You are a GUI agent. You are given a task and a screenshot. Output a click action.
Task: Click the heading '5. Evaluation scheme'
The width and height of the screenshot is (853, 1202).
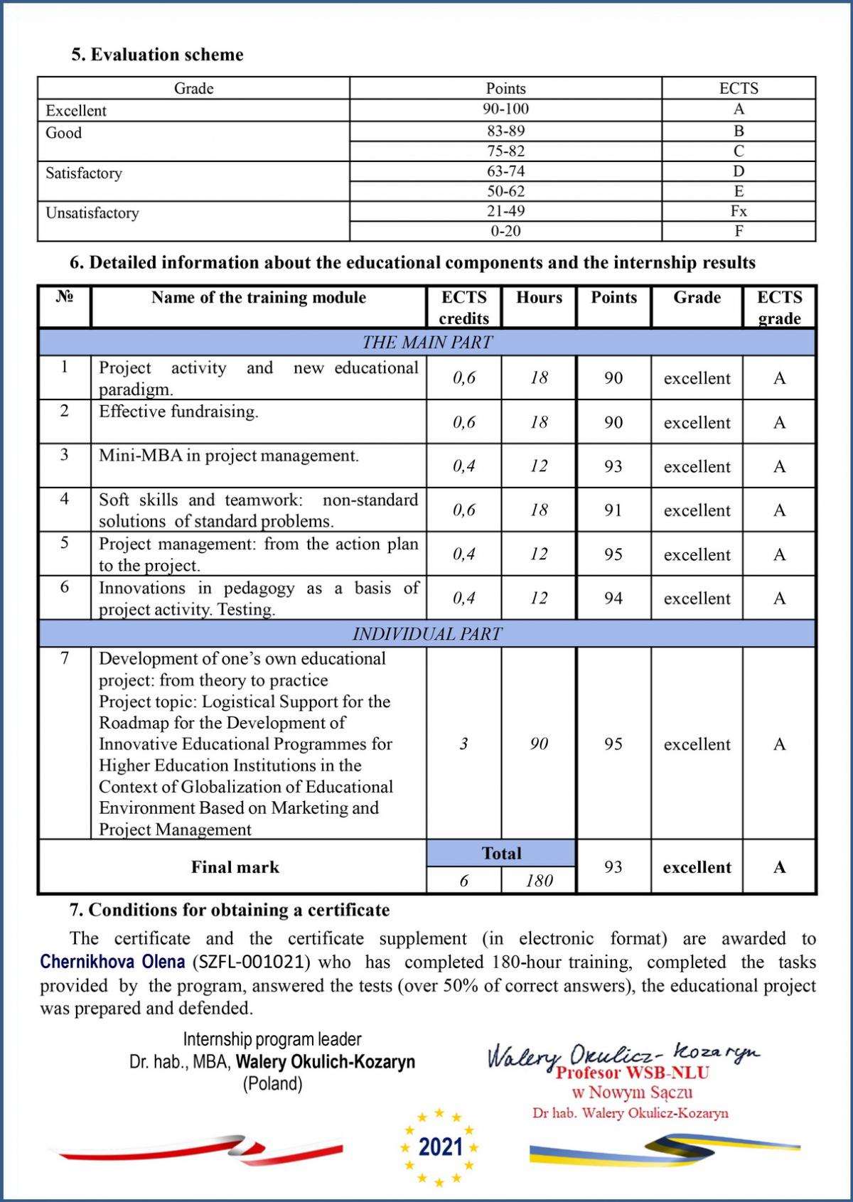pyautogui.click(x=157, y=55)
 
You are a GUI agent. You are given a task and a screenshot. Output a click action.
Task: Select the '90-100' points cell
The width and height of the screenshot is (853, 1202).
pyautogui.click(x=505, y=109)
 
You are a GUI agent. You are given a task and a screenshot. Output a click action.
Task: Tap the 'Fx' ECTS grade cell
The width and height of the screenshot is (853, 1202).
pyautogui.click(x=739, y=211)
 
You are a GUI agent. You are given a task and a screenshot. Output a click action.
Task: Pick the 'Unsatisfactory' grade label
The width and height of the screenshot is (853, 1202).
pyautogui.click(x=92, y=213)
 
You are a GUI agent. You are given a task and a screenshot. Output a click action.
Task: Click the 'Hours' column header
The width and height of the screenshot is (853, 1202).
pyautogui.click(x=539, y=297)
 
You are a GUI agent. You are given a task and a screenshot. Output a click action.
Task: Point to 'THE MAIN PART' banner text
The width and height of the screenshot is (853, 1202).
pyautogui.click(x=427, y=342)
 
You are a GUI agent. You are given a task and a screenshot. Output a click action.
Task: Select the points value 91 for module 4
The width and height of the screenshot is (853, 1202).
pyautogui.click(x=613, y=510)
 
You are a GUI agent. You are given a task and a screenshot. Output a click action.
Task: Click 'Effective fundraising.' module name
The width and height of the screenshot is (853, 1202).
pyautogui.click(x=178, y=412)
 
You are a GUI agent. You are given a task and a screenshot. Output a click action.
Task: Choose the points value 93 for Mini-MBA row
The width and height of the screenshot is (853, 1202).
pyautogui.click(x=613, y=466)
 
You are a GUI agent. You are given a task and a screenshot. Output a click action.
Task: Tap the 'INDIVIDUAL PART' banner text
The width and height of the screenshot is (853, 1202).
pyautogui.click(x=427, y=633)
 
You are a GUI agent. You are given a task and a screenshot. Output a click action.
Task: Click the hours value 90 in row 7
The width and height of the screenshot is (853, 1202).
pyautogui.click(x=539, y=744)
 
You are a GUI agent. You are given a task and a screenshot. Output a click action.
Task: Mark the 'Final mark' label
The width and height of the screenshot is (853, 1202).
pyautogui.click(x=235, y=867)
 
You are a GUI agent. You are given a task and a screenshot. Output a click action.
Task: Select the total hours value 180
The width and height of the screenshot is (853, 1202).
pyautogui.click(x=539, y=881)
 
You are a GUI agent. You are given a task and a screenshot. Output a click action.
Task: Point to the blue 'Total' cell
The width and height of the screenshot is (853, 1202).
pyautogui.click(x=501, y=853)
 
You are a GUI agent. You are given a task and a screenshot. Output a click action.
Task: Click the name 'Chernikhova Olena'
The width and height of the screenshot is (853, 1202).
pyautogui.click(x=112, y=962)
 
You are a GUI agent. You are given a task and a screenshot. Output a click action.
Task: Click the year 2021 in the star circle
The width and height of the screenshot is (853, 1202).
pyautogui.click(x=440, y=1147)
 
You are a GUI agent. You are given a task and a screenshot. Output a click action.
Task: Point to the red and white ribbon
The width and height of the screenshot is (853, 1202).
pyautogui.click(x=199, y=1147)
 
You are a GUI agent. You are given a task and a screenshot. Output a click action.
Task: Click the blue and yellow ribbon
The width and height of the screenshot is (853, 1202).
pyautogui.click(x=665, y=1149)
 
